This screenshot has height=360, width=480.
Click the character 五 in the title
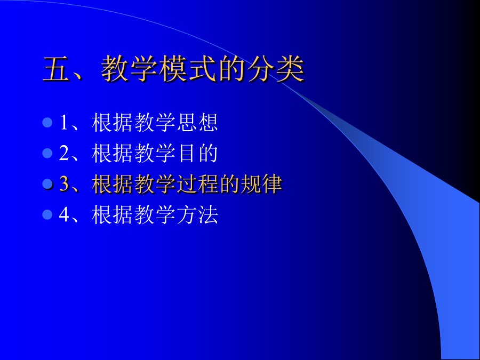[x=56, y=69]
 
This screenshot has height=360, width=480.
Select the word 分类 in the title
[x=276, y=69]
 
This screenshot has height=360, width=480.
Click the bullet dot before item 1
[x=47, y=123]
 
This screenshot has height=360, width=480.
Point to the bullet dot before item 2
[x=47, y=153]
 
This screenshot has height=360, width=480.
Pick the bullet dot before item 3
[x=47, y=184]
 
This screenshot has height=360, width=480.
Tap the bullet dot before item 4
[x=47, y=214]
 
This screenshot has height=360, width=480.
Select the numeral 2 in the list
[x=65, y=153]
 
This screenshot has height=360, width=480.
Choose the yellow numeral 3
[x=65, y=184]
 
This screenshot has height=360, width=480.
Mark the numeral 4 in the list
[x=65, y=214]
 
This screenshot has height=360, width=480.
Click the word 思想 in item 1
[x=198, y=123]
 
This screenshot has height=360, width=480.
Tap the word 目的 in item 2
[x=198, y=153]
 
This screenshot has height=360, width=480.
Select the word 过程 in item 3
[x=198, y=184]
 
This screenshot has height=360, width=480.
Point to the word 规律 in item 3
[x=262, y=184]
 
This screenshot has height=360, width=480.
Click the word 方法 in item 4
[x=198, y=214]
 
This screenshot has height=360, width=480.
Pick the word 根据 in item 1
[x=113, y=123]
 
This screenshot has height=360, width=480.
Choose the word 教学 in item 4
[x=155, y=214]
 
